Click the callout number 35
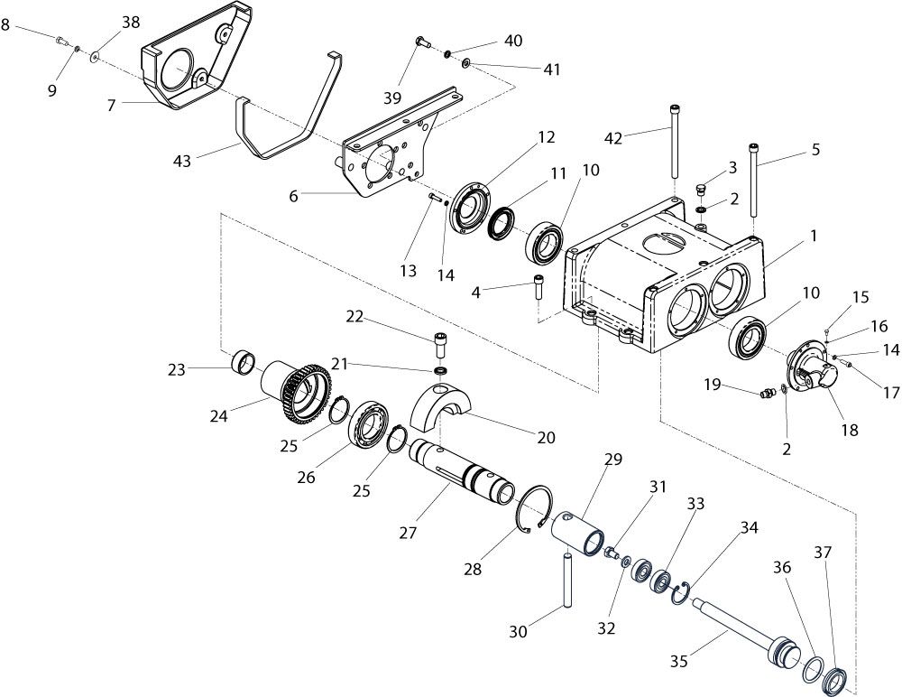coord(679,661)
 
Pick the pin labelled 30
coord(566,580)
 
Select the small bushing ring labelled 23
coord(244,362)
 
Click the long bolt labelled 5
coord(753,180)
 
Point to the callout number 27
coord(408,533)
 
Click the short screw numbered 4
coord(538,285)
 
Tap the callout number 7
coord(112,105)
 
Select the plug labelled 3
coord(701,191)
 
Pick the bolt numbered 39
coord(423,42)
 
